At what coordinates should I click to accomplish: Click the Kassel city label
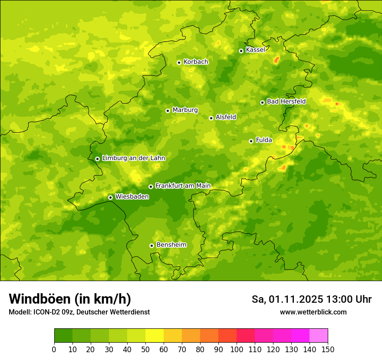255,50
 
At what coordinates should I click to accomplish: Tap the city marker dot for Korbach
179,62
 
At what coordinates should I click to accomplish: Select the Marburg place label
185,110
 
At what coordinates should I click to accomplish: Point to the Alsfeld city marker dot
211,118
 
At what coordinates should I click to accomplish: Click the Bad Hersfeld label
286,101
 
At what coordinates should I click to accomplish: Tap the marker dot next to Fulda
251,141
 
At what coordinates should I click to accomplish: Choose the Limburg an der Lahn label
133,158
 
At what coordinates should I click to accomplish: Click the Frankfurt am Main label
183,186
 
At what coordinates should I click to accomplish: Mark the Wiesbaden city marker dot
110,197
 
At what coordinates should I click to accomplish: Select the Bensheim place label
171,245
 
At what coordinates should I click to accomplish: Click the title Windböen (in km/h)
70,299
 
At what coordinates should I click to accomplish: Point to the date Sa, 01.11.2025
287,299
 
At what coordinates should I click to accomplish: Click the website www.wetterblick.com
313,312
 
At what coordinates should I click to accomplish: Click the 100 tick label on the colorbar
237,350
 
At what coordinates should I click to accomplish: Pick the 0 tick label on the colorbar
54,350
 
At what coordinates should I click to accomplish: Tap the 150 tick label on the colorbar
328,350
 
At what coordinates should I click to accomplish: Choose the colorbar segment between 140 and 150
319,336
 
